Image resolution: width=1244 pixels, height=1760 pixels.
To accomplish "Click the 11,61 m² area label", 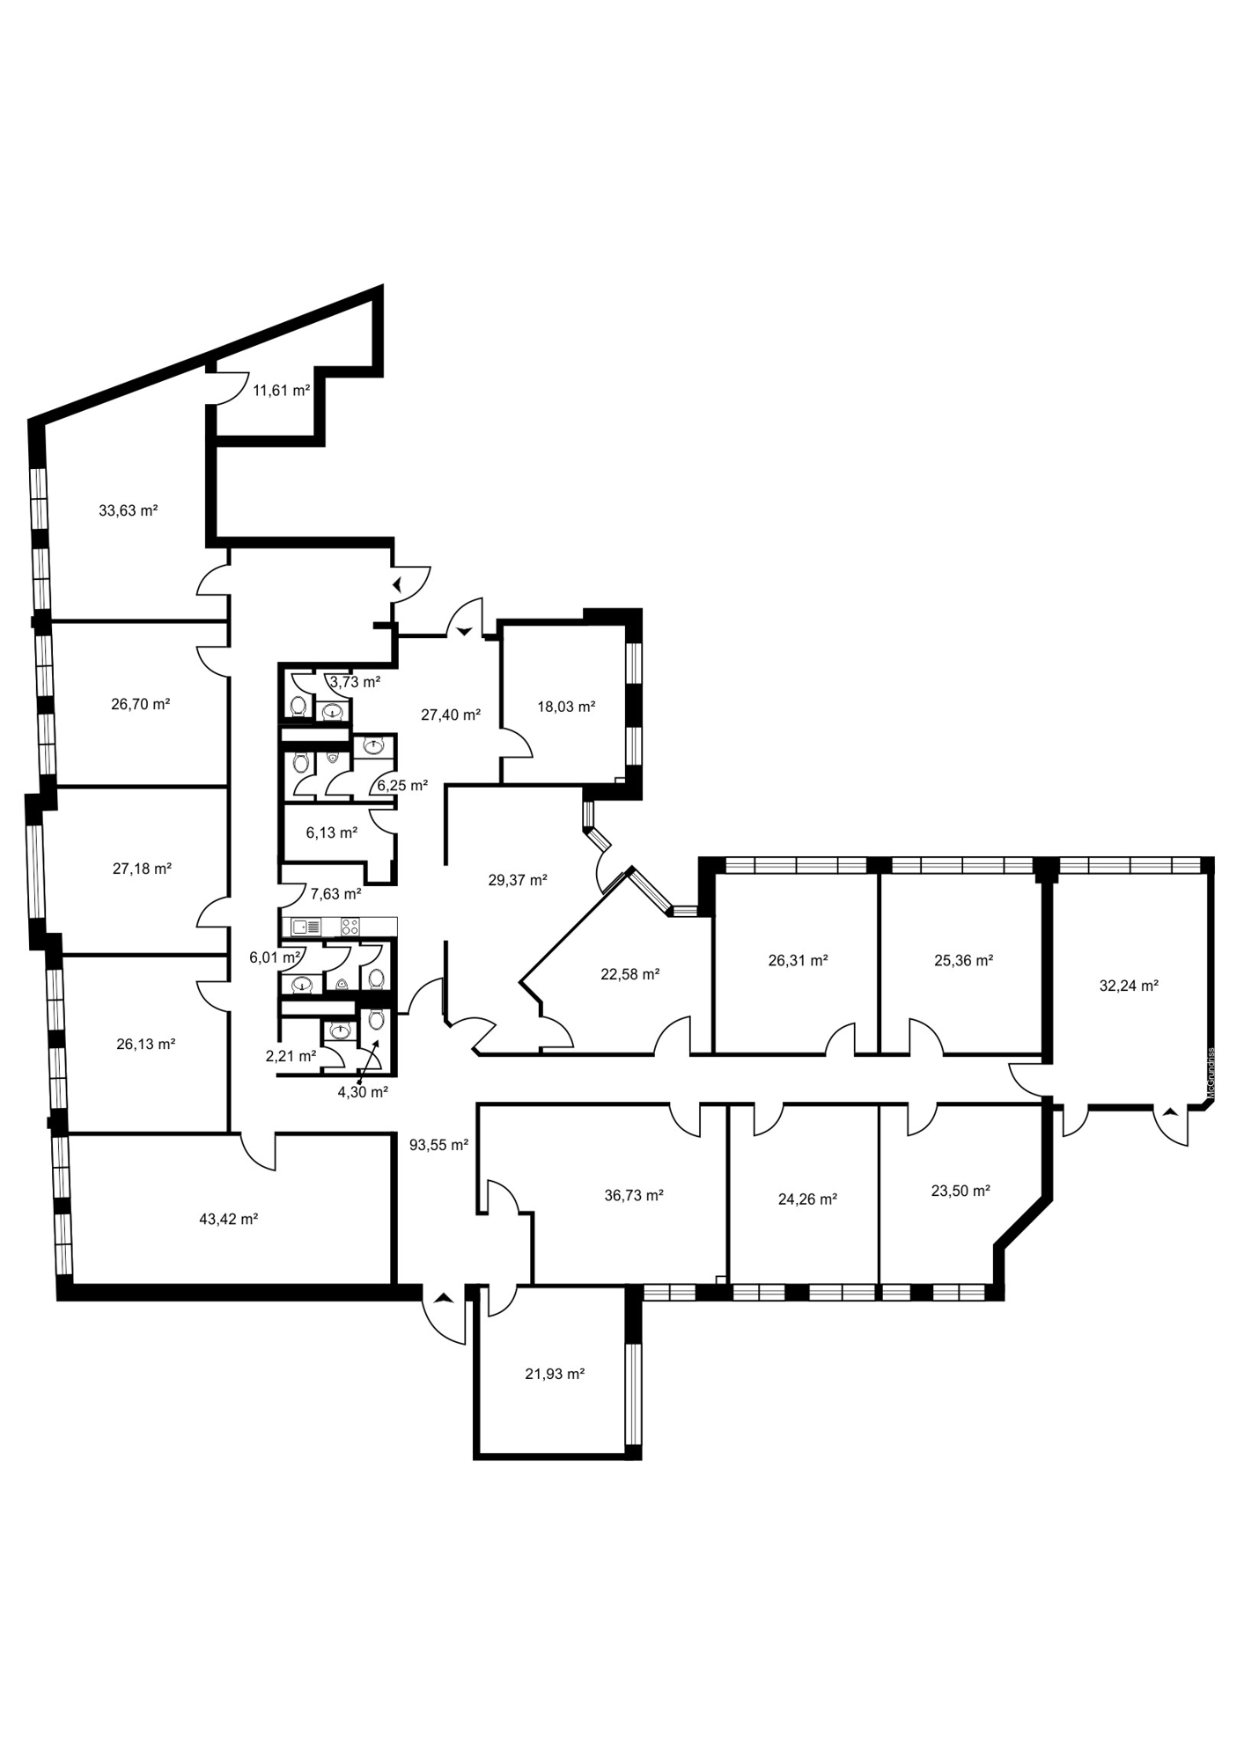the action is [282, 391].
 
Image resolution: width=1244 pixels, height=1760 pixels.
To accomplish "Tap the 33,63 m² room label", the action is [129, 510].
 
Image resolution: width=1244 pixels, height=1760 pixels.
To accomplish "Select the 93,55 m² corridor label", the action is [438, 1145].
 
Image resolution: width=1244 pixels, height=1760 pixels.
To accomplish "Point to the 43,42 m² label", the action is [229, 1219].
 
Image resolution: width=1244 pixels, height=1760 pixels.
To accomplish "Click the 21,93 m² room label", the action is [555, 1374].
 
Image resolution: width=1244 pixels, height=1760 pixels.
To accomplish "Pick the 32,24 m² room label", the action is [1129, 986].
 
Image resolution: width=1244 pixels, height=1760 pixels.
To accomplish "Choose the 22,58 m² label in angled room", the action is [630, 974].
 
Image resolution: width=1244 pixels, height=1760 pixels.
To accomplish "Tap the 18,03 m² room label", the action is [567, 706].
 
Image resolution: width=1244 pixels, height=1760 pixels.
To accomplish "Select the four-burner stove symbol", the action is [350, 927].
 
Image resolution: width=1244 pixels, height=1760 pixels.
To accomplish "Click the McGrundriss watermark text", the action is [1211, 1073].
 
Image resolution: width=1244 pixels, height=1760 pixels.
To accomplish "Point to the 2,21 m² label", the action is [291, 1056].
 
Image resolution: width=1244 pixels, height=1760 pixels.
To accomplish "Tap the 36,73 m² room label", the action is [634, 1195].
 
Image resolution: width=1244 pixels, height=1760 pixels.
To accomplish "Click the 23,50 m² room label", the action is [961, 1191].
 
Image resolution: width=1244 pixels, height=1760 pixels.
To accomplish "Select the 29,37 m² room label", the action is [518, 879].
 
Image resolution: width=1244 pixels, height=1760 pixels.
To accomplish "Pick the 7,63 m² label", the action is [336, 894].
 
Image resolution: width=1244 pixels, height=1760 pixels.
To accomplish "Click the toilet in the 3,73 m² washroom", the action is [298, 706].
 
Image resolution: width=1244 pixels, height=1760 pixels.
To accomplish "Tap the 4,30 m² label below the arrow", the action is [363, 1092].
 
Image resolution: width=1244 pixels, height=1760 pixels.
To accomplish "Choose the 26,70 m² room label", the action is [141, 704].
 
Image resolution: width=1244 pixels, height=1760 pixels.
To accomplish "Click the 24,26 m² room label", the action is [807, 1199].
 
